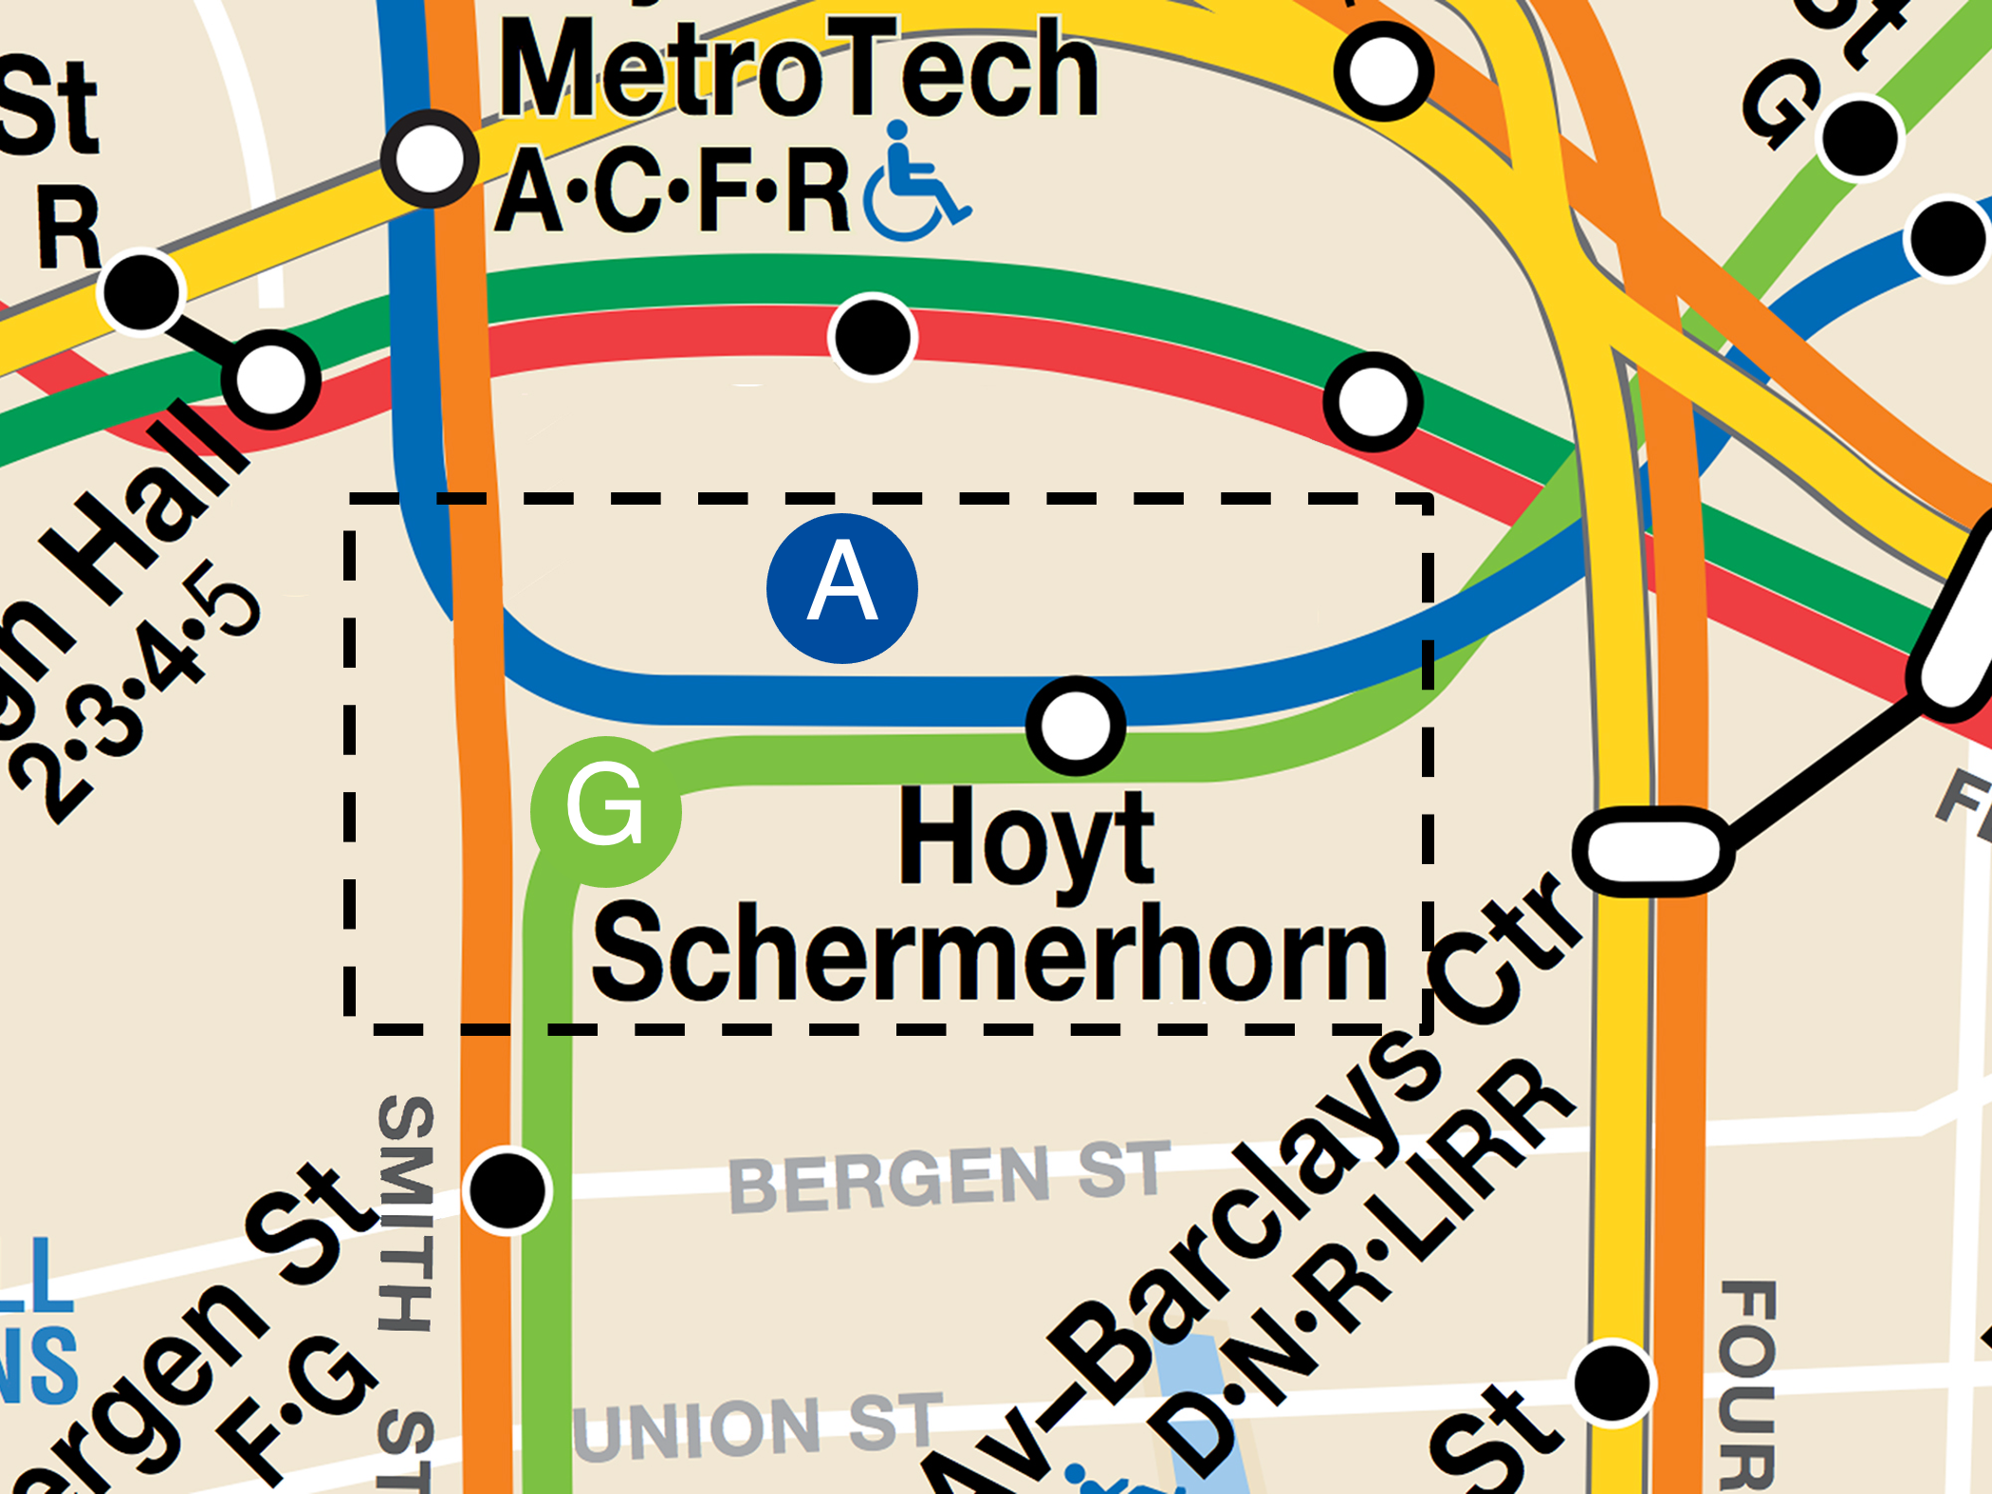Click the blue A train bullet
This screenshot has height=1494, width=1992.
click(x=841, y=588)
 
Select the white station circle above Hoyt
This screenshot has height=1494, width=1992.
click(x=1076, y=726)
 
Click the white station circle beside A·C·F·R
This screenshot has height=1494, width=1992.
click(x=429, y=159)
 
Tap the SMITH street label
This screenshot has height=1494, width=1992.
click(x=406, y=1214)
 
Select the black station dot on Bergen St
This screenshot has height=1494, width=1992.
click(x=508, y=1190)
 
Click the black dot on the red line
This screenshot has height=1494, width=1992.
click(x=872, y=337)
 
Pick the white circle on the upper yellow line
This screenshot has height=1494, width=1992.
click(x=1383, y=71)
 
